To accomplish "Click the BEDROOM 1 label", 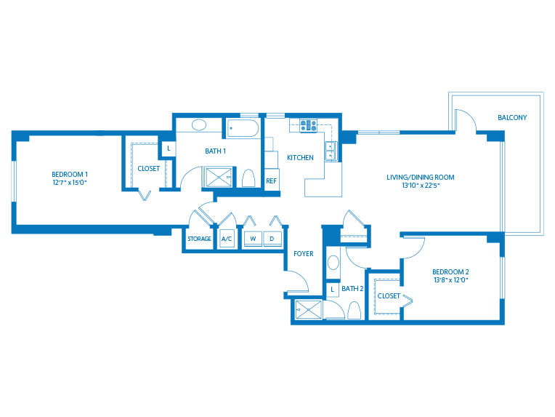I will click(x=70, y=174).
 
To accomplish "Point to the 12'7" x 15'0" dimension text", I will click(x=70, y=183).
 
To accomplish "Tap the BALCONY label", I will click(x=512, y=117).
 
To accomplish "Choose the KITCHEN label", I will click(x=300, y=158).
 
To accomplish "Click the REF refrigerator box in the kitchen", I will click(x=271, y=180).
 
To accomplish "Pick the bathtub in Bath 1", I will click(x=243, y=129).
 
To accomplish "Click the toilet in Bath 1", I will click(x=248, y=178).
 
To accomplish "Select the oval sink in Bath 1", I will click(x=200, y=125).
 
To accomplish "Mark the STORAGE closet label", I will click(x=199, y=239).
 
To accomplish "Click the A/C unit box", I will click(x=227, y=239).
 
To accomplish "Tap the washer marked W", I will click(x=253, y=239).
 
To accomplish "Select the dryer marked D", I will click(x=272, y=239).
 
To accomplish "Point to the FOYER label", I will click(x=303, y=255).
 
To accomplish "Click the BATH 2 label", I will click(x=352, y=289).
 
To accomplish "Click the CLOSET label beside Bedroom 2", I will click(x=389, y=296).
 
